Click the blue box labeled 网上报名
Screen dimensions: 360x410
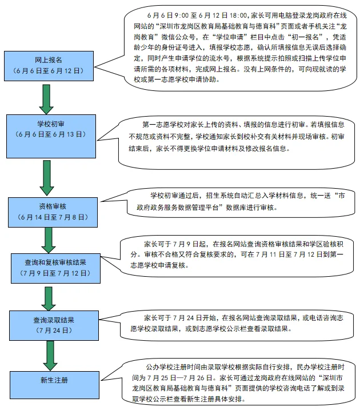49,66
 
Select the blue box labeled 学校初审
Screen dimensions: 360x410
51,136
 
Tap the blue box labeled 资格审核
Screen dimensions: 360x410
53,212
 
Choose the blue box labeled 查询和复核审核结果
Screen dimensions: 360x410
55,268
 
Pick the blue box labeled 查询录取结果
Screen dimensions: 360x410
54,325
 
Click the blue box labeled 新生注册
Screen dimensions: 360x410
55,385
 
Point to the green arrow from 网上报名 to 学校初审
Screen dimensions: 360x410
46,99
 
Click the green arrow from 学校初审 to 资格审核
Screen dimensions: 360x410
47,178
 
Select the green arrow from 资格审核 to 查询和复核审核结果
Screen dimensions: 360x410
49,241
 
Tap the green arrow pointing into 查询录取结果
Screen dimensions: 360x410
49,298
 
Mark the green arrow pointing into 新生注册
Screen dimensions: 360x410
50,356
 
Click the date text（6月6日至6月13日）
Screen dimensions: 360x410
51,134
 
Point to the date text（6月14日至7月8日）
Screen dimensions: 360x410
53,217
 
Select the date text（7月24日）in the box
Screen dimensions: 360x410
54,331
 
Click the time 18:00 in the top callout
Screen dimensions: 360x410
238,15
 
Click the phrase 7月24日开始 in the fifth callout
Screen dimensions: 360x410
194,318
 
